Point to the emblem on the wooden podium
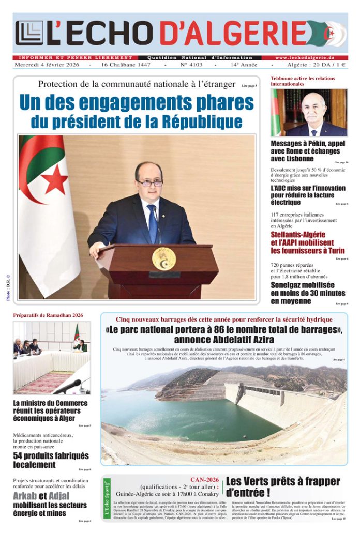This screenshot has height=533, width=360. [163, 258]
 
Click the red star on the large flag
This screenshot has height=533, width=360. [55, 179]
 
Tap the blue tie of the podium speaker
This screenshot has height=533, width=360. [153, 223]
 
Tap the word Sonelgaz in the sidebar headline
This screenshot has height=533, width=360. [289, 285]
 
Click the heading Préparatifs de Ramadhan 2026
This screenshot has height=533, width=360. [48, 315]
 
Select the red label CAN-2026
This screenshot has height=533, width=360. [205, 479]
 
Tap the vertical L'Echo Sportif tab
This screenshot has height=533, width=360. [107, 498]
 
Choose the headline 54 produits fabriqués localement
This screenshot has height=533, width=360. [51, 460]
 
